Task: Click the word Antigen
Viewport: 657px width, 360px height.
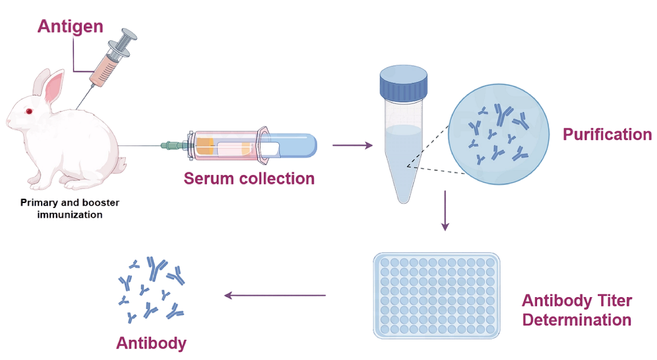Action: point(70,26)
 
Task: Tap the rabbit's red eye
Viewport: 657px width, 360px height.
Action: point(29,112)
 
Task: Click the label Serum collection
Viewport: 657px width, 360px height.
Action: point(249,178)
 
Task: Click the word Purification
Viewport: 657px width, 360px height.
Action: point(607,135)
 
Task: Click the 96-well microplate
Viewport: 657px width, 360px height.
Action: point(436,295)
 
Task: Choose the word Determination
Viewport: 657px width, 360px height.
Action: point(577,319)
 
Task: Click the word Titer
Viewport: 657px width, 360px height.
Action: point(614,300)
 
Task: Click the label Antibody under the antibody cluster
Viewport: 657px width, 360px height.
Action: point(151,344)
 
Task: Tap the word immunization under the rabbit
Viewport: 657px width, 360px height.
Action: point(70,214)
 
